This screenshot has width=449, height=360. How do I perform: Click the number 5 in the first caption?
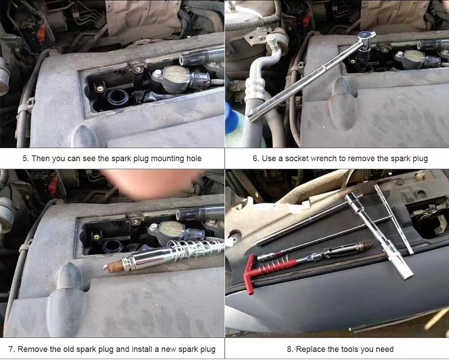click(25, 159)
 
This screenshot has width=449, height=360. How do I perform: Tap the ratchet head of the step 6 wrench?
click(366, 40)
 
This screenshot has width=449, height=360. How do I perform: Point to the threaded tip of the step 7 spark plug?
click(115, 267)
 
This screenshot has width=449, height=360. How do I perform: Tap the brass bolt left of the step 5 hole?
click(100, 88)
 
